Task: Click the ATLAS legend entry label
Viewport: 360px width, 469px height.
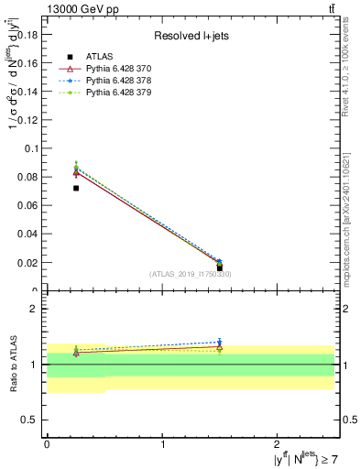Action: click(101, 57)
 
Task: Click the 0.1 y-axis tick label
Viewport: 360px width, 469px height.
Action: click(31, 148)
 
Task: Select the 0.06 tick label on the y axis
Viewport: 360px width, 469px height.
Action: click(27, 205)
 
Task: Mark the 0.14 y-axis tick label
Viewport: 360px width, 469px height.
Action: click(27, 91)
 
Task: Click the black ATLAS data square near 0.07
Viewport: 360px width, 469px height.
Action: click(76, 188)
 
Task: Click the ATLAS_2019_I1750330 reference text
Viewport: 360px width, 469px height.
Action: click(191, 274)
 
